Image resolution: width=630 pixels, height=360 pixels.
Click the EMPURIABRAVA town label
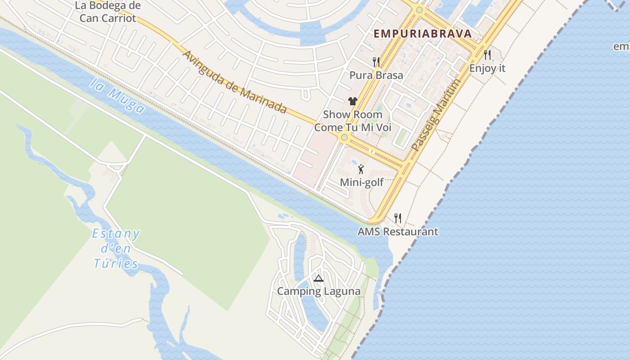pyautogui.click(x=423, y=34)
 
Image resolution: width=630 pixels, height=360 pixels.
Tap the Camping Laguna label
pyautogui.click(x=319, y=291)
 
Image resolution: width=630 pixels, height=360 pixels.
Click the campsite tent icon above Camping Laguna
pyautogui.click(x=319, y=279)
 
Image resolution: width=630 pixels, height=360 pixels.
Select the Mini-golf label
pyautogui.click(x=362, y=182)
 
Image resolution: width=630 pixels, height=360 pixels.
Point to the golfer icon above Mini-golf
pyautogui.click(x=360, y=170)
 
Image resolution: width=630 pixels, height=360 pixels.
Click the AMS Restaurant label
pyautogui.click(x=398, y=232)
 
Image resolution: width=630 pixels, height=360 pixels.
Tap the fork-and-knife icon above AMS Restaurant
pyautogui.click(x=398, y=218)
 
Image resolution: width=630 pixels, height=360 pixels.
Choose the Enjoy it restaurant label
pyautogui.click(x=487, y=68)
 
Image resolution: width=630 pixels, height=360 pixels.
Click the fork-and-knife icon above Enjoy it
pyautogui.click(x=487, y=55)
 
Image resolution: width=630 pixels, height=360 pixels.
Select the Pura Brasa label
pyautogui.click(x=376, y=75)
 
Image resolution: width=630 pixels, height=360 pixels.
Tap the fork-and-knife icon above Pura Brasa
pyautogui.click(x=376, y=62)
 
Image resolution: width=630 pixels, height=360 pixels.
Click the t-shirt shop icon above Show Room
pyautogui.click(x=352, y=101)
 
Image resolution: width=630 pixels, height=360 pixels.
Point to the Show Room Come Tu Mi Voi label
pyautogui.click(x=353, y=121)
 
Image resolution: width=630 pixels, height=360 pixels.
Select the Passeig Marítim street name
pyautogui.click(x=436, y=115)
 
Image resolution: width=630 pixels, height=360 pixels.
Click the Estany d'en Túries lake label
pyautogui.click(x=116, y=248)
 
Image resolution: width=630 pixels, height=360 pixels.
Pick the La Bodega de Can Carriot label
pyautogui.click(x=108, y=12)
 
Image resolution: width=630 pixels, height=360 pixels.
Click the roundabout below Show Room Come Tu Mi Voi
pyautogui.click(x=344, y=137)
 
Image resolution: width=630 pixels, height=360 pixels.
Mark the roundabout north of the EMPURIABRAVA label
pyautogui.click(x=419, y=9)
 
